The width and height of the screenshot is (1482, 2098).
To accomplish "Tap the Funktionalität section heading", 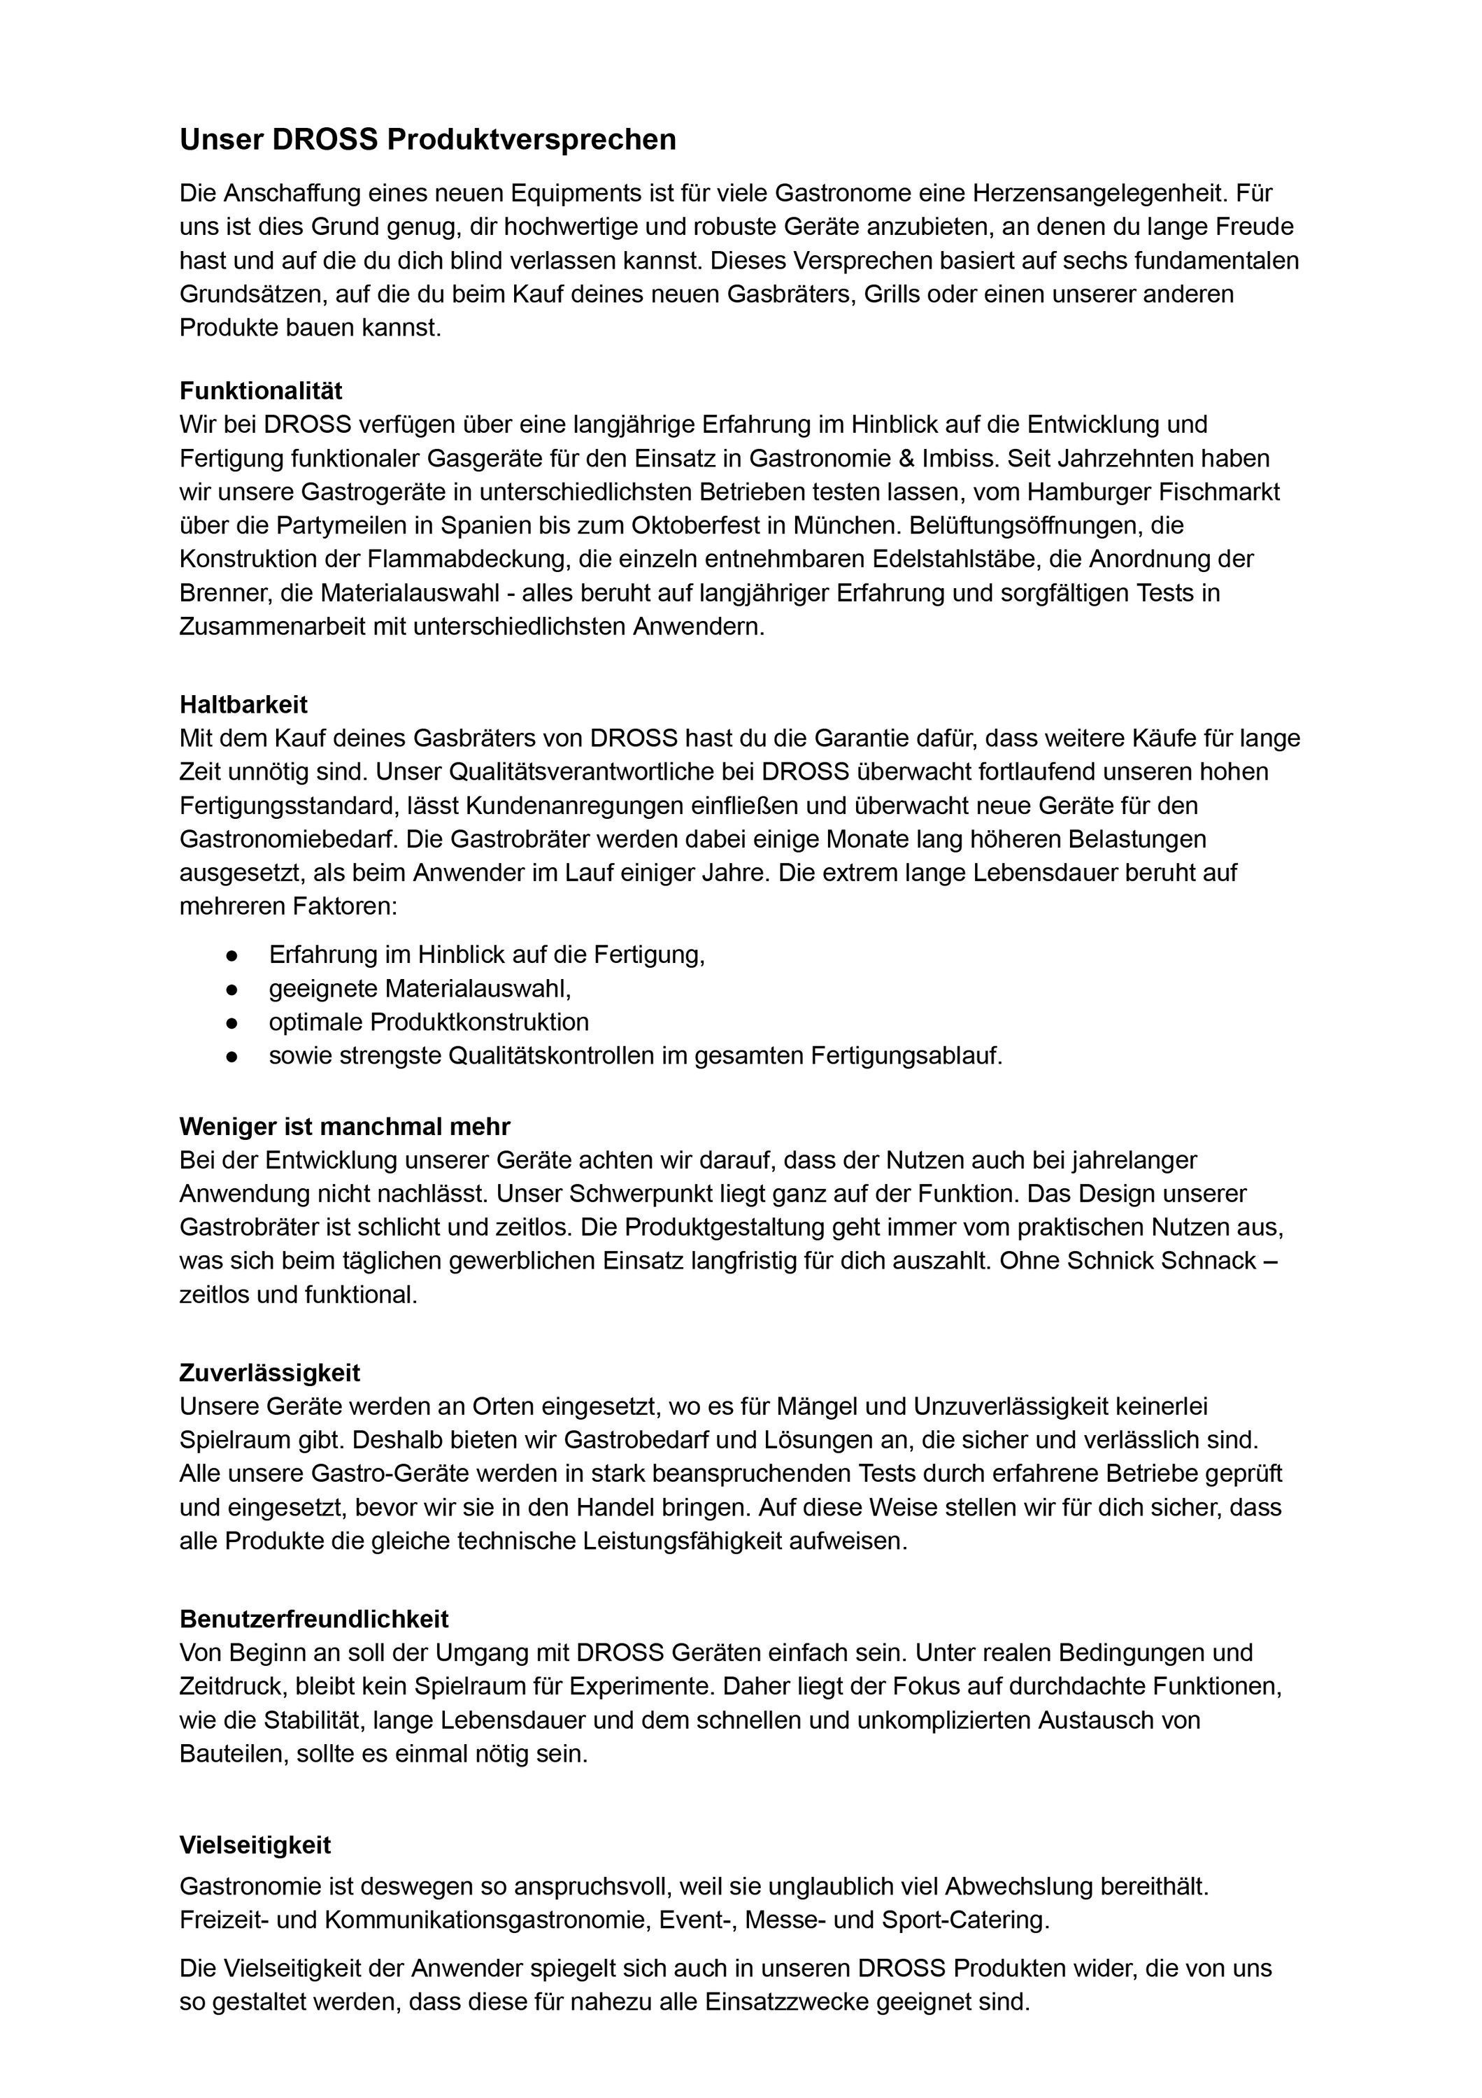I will click(x=260, y=391).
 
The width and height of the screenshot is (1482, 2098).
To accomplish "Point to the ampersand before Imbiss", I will click(x=946, y=458).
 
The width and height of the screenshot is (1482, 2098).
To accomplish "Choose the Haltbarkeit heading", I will click(x=243, y=704).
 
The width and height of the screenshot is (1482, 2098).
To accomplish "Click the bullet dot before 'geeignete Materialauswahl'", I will click(x=232, y=990).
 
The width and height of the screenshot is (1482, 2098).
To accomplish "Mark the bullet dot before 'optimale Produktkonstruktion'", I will click(x=232, y=1022).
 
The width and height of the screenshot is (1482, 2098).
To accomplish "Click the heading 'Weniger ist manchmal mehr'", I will click(x=345, y=1127).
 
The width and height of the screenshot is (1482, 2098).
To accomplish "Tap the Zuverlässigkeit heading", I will click(x=269, y=1373).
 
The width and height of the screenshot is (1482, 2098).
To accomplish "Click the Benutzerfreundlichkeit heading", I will click(x=313, y=1620).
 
